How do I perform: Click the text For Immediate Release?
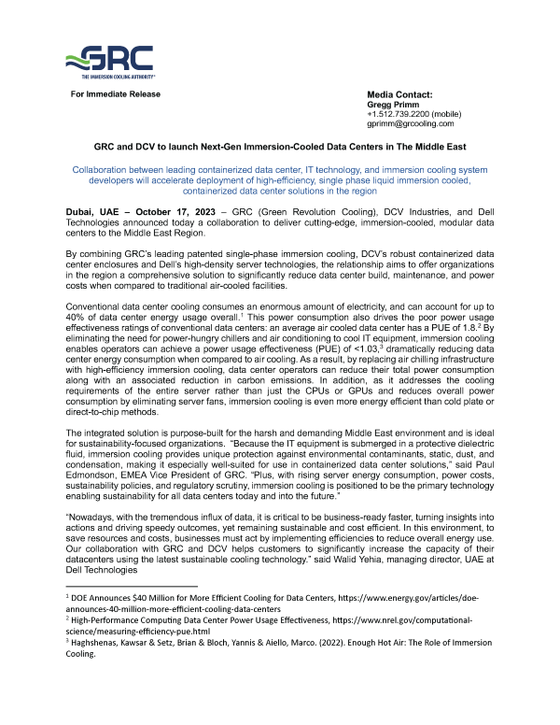point(110,95)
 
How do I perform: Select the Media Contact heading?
point(399,95)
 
